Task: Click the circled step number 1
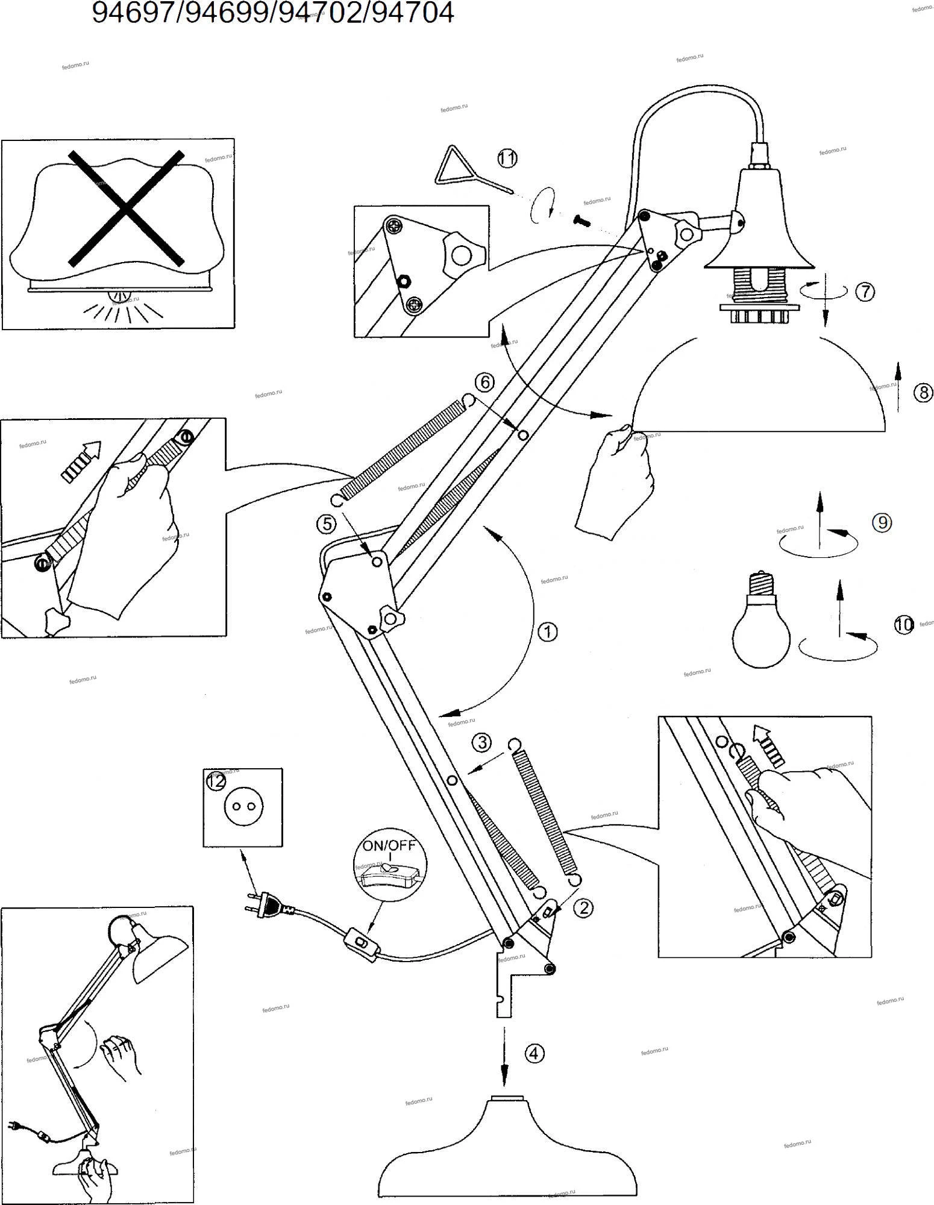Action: (547, 632)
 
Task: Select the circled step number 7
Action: (865, 292)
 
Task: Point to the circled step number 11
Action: (507, 158)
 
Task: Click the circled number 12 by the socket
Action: (216, 781)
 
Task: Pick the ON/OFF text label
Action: (389, 845)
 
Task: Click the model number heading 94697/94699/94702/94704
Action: (272, 13)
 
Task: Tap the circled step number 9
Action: (882, 522)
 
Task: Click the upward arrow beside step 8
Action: (898, 386)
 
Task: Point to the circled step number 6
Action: (484, 381)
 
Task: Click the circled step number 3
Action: (482, 742)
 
